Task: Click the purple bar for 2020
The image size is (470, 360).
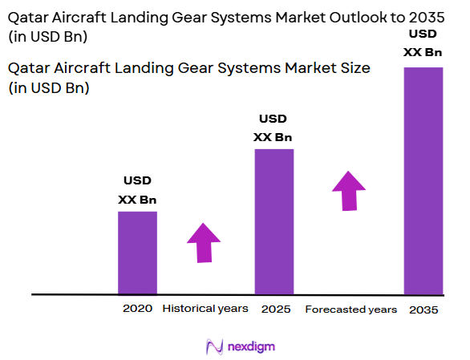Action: tap(137, 253)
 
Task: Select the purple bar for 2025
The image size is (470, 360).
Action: tap(273, 221)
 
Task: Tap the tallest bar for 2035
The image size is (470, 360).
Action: tap(423, 180)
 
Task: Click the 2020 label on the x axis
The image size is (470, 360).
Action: tap(137, 309)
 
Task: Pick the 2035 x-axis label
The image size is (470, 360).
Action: tap(423, 309)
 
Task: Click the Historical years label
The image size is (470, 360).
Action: tap(205, 309)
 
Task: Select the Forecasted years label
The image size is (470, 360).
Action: tap(350, 309)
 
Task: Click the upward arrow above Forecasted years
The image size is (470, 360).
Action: tap(349, 191)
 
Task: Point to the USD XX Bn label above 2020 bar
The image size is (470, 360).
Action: tap(137, 190)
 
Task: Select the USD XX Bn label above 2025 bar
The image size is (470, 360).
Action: tap(273, 127)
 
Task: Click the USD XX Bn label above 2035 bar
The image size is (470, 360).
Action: tap(423, 43)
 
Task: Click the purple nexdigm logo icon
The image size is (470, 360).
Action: tap(214, 346)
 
